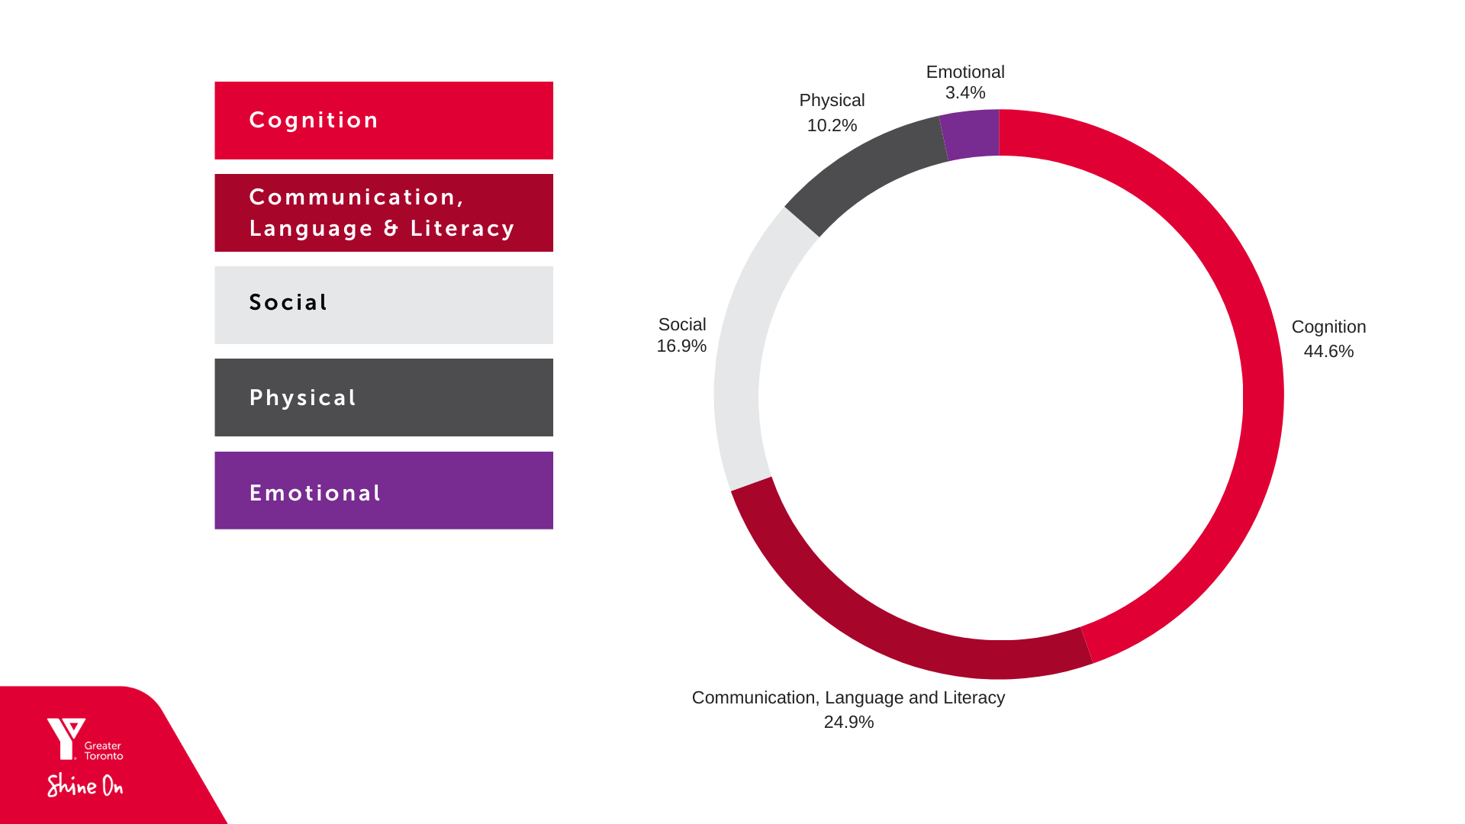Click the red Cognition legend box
point(384,121)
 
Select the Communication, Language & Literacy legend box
point(384,213)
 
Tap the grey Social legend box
point(384,305)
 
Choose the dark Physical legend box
point(384,398)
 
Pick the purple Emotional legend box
point(384,491)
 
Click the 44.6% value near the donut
point(1328,352)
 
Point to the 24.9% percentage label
point(848,723)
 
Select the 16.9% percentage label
point(681,346)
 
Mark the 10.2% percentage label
point(832,126)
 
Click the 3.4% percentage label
point(965,93)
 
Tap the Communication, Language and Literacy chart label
point(848,698)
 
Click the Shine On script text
point(85,785)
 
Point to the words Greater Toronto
point(103,751)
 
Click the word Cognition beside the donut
point(1328,327)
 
